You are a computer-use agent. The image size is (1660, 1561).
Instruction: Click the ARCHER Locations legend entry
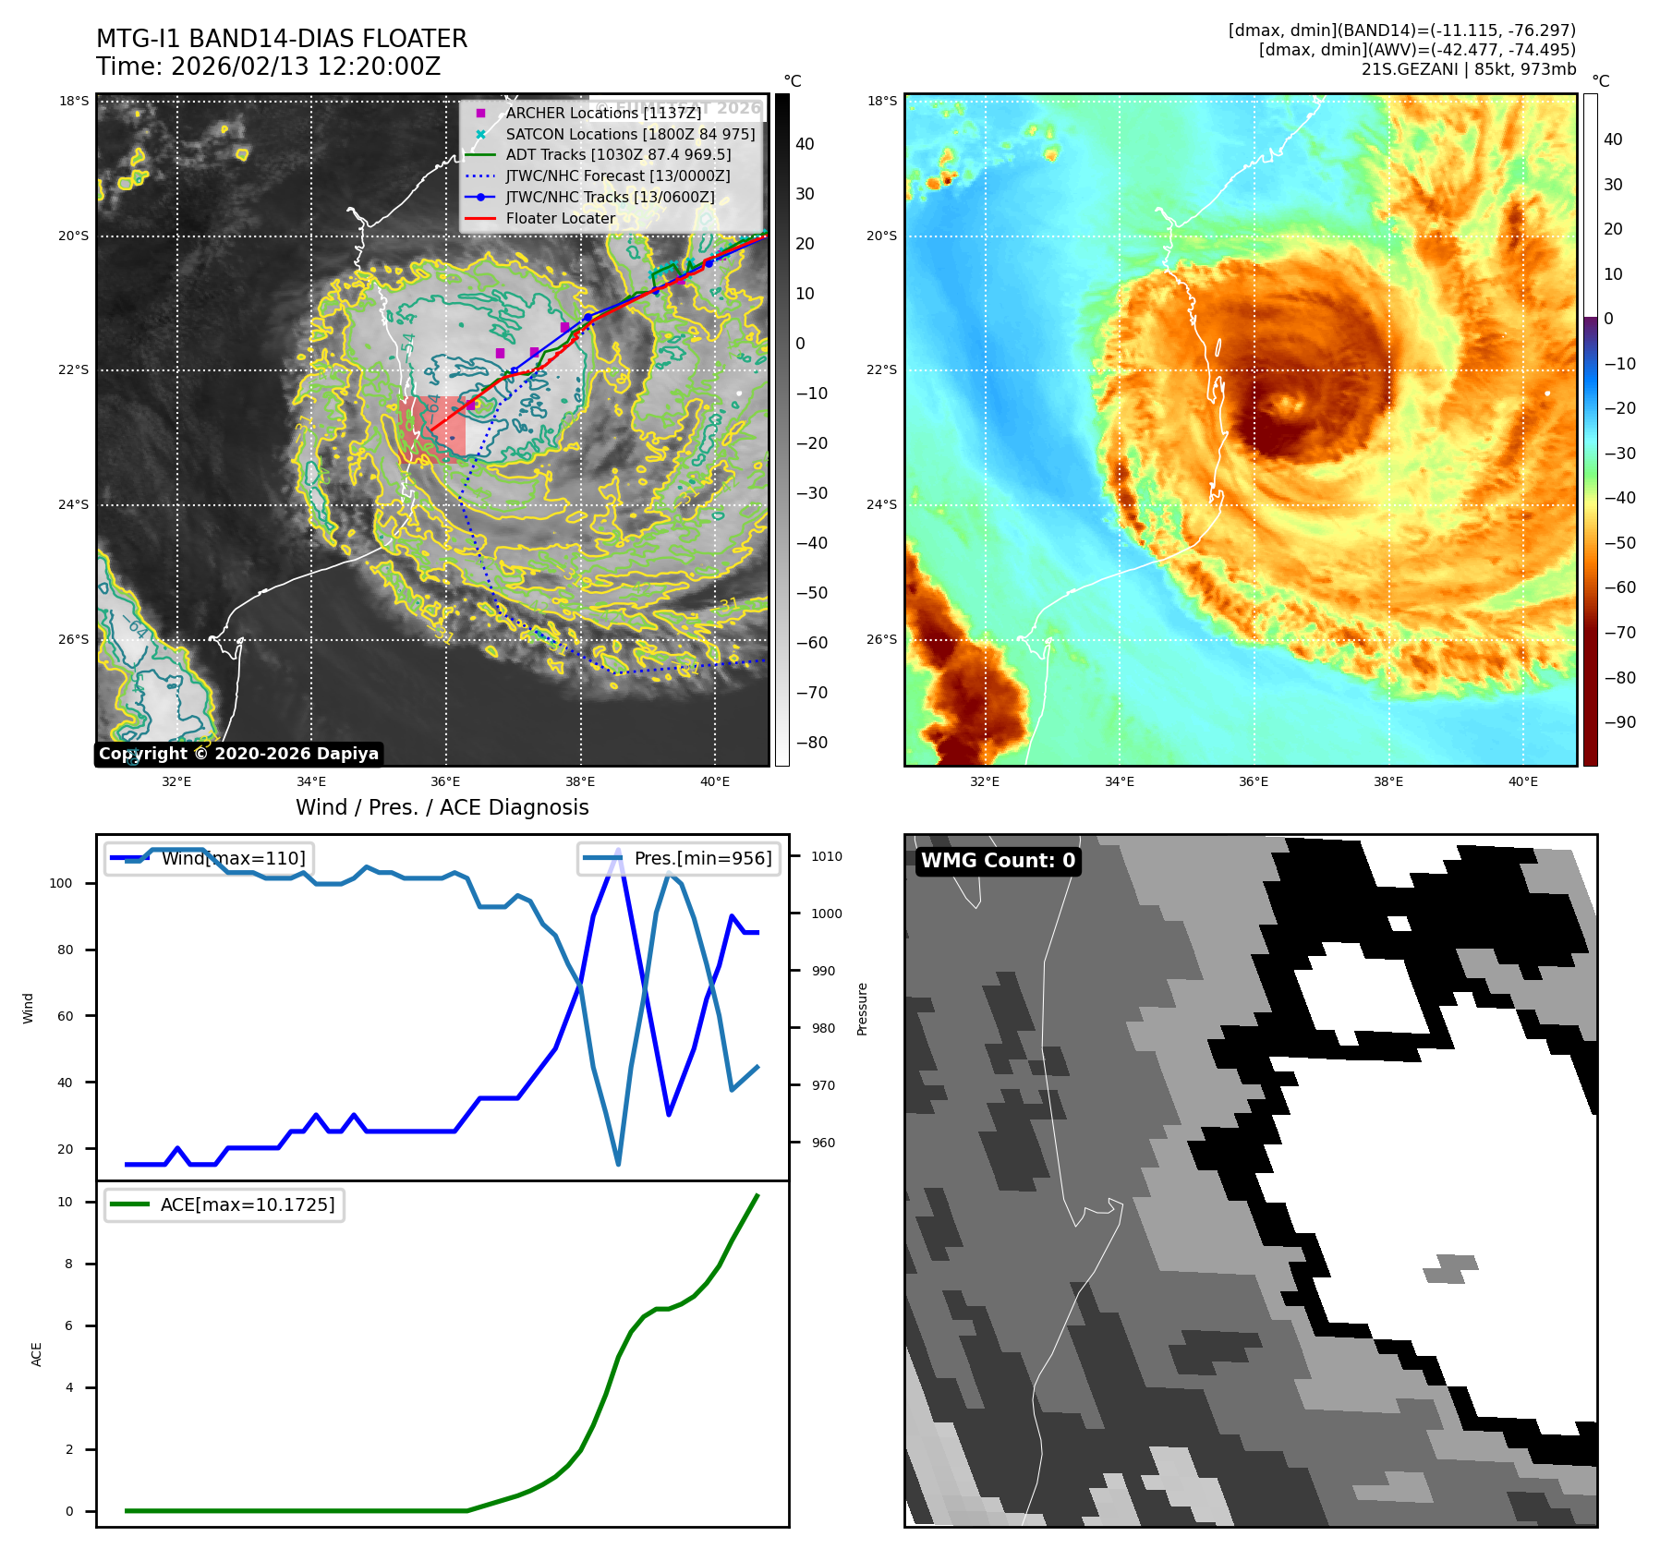tap(603, 113)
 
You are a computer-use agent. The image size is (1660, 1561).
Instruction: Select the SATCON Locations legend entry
tap(630, 134)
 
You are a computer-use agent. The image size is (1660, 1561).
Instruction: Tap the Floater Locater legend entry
tap(560, 218)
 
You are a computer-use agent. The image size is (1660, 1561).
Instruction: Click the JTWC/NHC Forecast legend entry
tap(617, 175)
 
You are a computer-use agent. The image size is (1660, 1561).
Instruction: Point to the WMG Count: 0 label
tap(998, 861)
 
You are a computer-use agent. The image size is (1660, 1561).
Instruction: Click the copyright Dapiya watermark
tap(238, 754)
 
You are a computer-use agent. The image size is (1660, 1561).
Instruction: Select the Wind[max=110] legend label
tap(233, 858)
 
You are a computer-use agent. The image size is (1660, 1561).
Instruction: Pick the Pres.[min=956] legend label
tap(702, 858)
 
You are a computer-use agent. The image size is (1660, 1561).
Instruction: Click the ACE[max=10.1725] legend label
tap(248, 1204)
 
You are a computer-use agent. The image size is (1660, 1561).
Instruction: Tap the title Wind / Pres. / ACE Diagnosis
tap(442, 807)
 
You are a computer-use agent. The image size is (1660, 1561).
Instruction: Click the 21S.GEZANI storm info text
tap(1468, 69)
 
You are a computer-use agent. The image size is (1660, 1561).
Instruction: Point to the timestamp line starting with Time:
tap(268, 67)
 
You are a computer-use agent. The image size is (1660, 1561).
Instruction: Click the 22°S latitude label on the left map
tap(74, 370)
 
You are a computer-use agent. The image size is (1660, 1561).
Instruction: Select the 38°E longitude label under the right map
tap(1387, 781)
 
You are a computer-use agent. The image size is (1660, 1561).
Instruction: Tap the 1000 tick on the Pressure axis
tap(827, 914)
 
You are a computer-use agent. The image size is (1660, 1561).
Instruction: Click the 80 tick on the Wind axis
tap(65, 950)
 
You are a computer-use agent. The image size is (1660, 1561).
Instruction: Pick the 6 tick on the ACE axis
tap(69, 1325)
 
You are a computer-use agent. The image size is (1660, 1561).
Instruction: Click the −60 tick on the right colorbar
tap(1619, 587)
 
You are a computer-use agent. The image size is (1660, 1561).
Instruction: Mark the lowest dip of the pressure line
tap(618, 1164)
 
